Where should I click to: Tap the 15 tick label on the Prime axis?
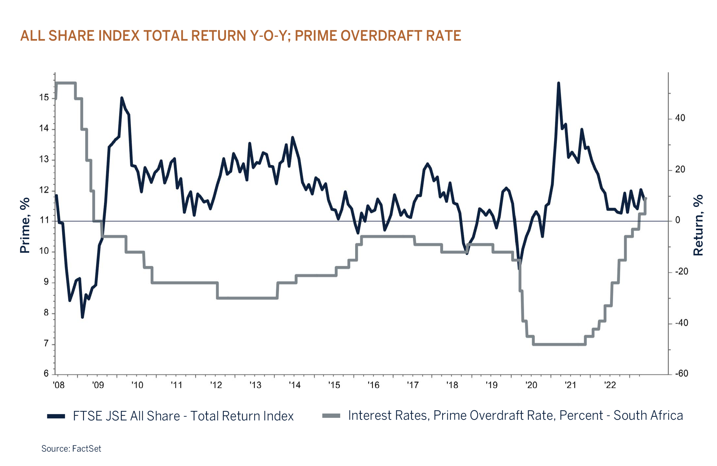[44, 97]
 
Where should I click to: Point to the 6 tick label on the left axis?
[46, 374]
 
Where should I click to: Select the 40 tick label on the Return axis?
[680, 118]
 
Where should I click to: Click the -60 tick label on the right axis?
[681, 374]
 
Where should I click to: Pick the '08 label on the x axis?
[59, 385]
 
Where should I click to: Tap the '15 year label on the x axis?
[334, 385]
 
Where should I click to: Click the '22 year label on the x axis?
[610, 385]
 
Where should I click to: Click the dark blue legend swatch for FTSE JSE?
[56, 416]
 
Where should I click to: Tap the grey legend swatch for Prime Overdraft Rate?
[331, 416]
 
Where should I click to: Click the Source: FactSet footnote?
[71, 448]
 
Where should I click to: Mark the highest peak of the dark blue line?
[559, 83]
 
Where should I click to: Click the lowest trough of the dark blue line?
[82, 317]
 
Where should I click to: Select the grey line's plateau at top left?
[66, 83]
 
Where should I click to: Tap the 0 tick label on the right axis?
[678, 220]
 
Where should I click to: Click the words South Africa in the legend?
[648, 415]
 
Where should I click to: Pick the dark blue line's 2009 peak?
[122, 98]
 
